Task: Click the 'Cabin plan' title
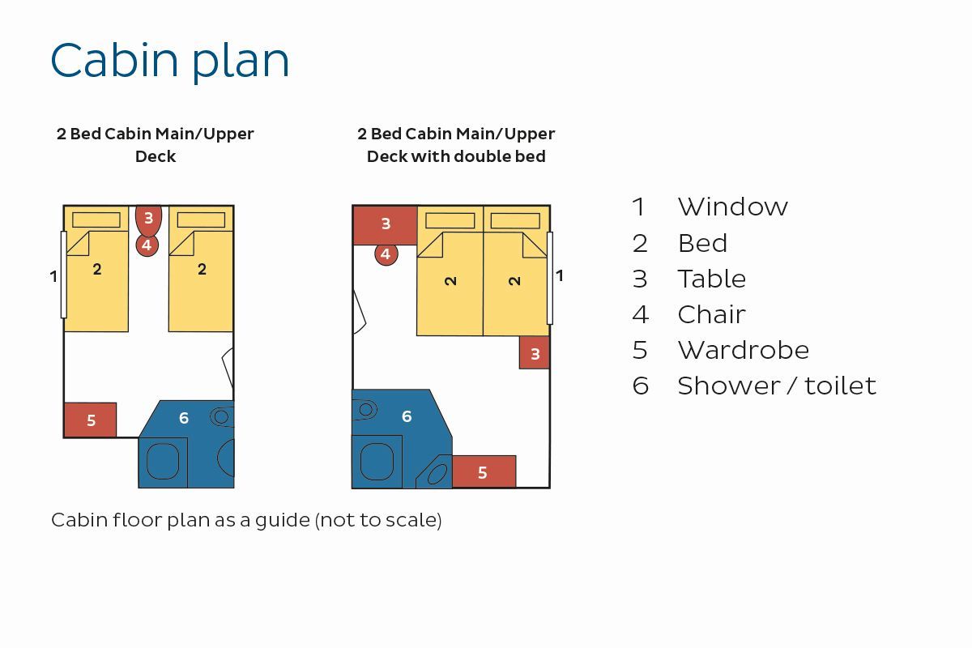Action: coord(169,61)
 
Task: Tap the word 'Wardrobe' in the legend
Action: coord(744,350)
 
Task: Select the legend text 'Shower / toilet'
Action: coord(777,386)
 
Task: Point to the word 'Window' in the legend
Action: coord(732,207)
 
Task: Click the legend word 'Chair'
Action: coord(712,314)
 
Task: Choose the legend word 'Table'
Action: coord(712,279)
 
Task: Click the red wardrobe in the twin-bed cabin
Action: coord(90,420)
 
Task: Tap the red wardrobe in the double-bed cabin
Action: coord(484,471)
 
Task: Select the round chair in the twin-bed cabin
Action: coord(147,245)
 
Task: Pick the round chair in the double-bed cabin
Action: coord(386,254)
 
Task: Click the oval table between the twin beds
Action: coord(148,220)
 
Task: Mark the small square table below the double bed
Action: coord(535,353)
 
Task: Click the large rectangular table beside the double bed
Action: coord(386,225)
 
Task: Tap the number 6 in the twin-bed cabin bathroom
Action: coord(184,418)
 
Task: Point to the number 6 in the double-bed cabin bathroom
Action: coord(407,416)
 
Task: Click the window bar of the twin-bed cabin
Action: coord(64,275)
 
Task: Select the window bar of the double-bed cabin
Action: coord(550,278)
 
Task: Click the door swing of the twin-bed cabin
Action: coord(228,366)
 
